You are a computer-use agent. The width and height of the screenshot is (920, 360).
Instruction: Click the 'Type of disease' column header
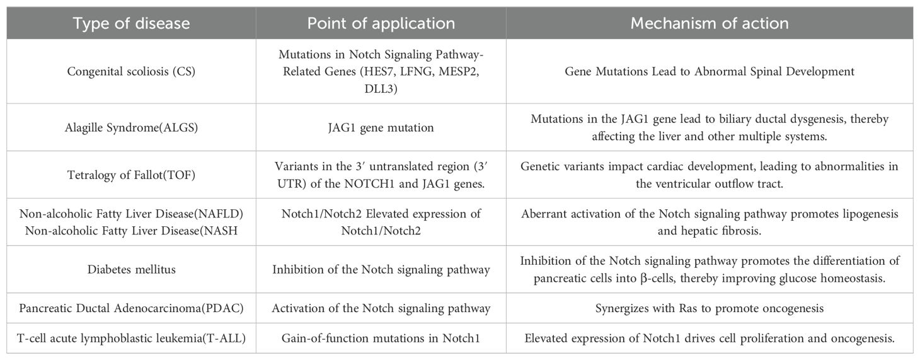(x=131, y=24)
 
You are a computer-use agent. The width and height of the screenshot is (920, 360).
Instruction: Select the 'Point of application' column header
(x=381, y=24)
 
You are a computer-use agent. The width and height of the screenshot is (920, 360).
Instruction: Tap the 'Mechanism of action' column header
(x=710, y=24)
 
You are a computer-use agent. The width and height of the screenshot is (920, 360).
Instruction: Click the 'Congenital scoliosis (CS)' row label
(x=131, y=71)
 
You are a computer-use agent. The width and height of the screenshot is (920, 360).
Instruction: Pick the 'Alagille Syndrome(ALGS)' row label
(x=131, y=127)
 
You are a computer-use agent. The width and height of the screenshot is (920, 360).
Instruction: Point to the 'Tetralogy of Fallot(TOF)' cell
(x=131, y=175)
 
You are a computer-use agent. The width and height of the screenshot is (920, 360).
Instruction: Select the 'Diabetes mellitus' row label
(x=131, y=269)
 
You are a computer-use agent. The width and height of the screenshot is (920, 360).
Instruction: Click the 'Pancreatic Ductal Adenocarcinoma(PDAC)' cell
(x=131, y=308)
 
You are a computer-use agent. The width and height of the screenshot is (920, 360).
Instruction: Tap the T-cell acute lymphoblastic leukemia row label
(x=131, y=339)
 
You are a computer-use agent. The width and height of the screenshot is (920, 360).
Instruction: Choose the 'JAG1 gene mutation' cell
(x=381, y=127)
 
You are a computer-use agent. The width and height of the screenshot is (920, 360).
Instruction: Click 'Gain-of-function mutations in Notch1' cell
(x=381, y=339)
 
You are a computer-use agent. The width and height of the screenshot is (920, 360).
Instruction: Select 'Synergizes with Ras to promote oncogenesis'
(x=710, y=308)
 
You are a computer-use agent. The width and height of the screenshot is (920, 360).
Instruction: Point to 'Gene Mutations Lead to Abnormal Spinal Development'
(x=710, y=71)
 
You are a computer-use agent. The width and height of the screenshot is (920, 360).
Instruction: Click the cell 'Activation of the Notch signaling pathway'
(x=381, y=308)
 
